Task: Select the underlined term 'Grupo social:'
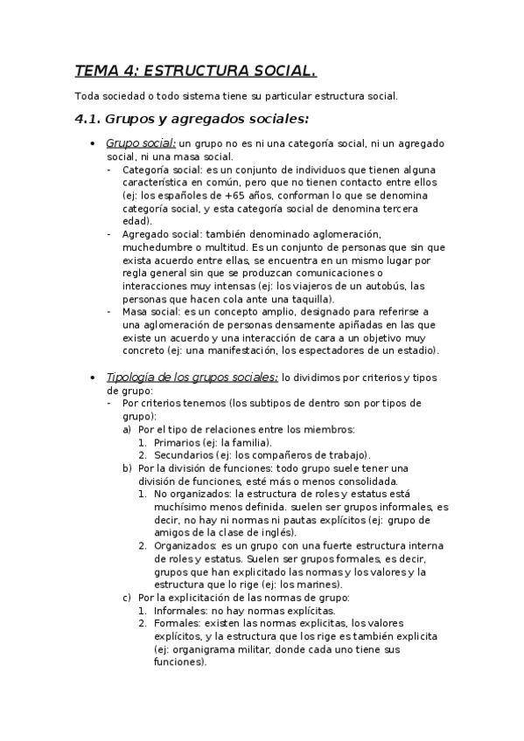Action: tap(141, 142)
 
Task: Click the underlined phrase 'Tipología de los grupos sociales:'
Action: tap(192, 377)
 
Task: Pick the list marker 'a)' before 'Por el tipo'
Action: tap(128, 429)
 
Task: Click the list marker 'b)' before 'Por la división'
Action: tap(128, 467)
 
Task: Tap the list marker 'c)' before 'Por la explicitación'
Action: tap(128, 597)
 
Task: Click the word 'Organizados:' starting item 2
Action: tap(183, 545)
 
